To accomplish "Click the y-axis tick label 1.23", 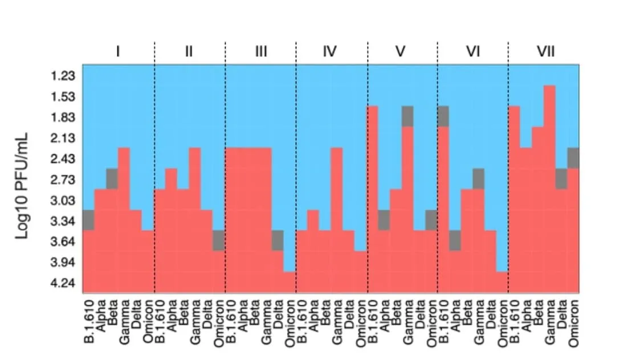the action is (x=63, y=76).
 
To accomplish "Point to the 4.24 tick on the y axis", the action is (x=63, y=283).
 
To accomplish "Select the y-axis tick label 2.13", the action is (x=63, y=138).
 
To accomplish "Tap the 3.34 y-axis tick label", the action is (x=63, y=221).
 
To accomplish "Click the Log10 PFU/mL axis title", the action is (x=22, y=186).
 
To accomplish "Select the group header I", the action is (x=118, y=51).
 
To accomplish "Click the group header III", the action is (x=260, y=51).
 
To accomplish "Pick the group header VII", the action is (x=545, y=51).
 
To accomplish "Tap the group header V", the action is (x=401, y=51).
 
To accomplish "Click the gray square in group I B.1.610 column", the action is (x=89, y=220).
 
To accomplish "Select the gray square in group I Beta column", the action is (x=112, y=179).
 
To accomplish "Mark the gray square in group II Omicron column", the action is (x=219, y=240).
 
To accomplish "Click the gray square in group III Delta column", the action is (x=278, y=240).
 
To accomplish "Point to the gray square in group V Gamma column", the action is (x=407, y=117).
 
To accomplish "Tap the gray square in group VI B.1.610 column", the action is (x=443, y=117).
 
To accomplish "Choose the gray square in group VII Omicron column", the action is (x=573, y=158).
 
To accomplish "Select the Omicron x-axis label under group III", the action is (x=289, y=324).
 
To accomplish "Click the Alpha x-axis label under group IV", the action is (x=313, y=316).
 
